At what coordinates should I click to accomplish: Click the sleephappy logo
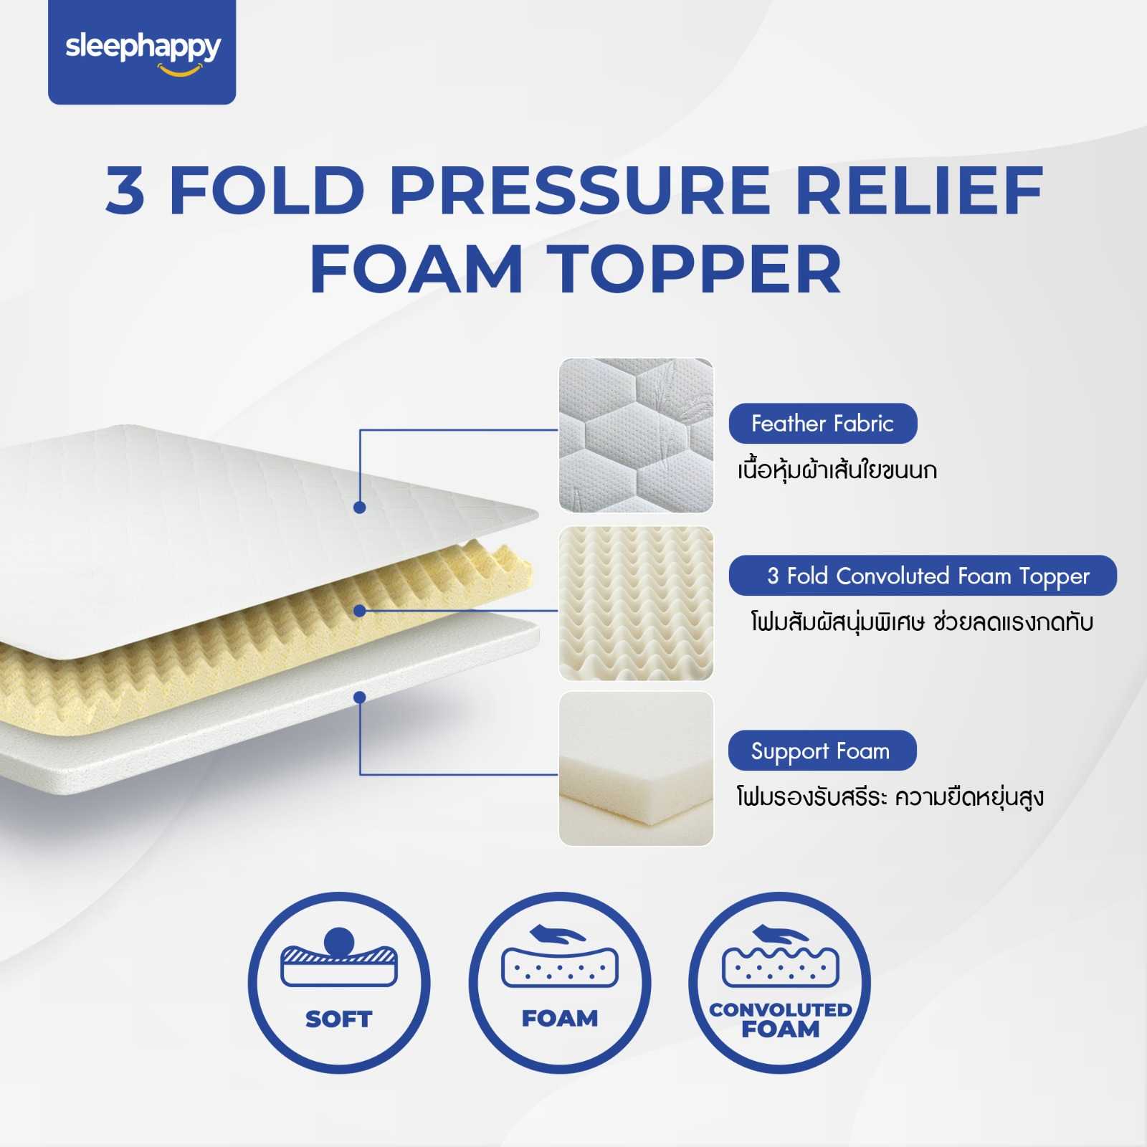click(142, 51)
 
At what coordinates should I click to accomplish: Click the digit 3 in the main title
click(125, 190)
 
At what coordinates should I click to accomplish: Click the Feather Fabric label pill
click(822, 424)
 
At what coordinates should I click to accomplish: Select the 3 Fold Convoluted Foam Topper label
click(923, 576)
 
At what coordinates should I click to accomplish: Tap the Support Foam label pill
click(822, 751)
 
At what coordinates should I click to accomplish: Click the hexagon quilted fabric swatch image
click(636, 435)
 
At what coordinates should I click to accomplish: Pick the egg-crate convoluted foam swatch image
click(636, 603)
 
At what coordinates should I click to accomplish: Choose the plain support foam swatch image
click(636, 768)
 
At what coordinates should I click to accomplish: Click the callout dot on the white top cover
click(360, 508)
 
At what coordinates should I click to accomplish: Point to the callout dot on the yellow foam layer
click(360, 611)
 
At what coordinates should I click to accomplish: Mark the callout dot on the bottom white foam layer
click(360, 698)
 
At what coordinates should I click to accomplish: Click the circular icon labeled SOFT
click(339, 982)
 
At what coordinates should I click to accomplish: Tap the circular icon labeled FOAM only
click(560, 982)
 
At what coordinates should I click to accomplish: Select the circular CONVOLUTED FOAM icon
click(780, 982)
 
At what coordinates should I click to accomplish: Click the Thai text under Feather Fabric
click(837, 471)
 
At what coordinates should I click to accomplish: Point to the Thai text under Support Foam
click(890, 797)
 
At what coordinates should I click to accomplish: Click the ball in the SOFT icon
click(339, 941)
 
